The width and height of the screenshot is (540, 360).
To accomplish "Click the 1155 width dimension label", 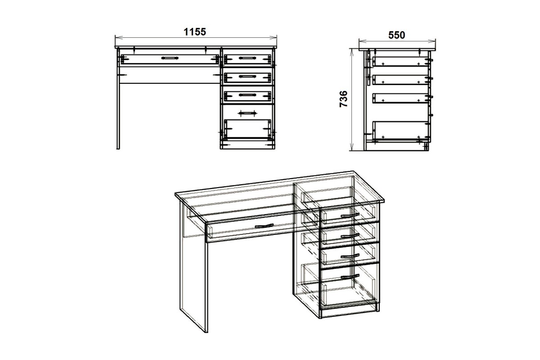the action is (195, 32).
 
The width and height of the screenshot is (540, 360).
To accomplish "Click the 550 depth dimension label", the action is (396, 35).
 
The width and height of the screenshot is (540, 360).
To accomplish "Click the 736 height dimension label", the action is (343, 99).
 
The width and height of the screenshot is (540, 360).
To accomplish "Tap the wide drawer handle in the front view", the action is (170, 58).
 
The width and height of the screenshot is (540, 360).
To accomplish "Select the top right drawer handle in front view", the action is (247, 58).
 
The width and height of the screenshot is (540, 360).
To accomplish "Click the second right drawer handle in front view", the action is (247, 76).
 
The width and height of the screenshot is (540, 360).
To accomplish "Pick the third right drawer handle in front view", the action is (247, 95).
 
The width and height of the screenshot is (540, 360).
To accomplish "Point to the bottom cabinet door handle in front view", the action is (247, 112).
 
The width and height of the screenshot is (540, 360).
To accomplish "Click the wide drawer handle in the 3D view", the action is (264, 226).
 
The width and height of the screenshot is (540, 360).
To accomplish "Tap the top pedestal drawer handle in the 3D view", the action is (350, 215).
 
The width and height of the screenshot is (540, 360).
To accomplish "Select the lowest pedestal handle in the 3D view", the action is (350, 277).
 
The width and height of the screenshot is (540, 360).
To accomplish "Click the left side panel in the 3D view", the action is (194, 267).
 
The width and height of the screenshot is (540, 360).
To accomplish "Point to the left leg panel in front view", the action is (118, 99).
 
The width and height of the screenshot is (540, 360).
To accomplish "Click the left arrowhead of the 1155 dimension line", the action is (117, 38).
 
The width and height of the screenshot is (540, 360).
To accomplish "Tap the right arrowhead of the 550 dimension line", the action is (433, 41).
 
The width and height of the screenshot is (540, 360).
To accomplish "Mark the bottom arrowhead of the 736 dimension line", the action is (352, 148).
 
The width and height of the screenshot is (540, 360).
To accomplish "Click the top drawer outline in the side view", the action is (400, 61).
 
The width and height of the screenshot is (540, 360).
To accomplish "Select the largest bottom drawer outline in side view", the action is (400, 130).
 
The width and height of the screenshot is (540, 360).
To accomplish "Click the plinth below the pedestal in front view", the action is (247, 145).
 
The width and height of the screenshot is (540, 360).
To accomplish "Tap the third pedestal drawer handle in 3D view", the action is (350, 256).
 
